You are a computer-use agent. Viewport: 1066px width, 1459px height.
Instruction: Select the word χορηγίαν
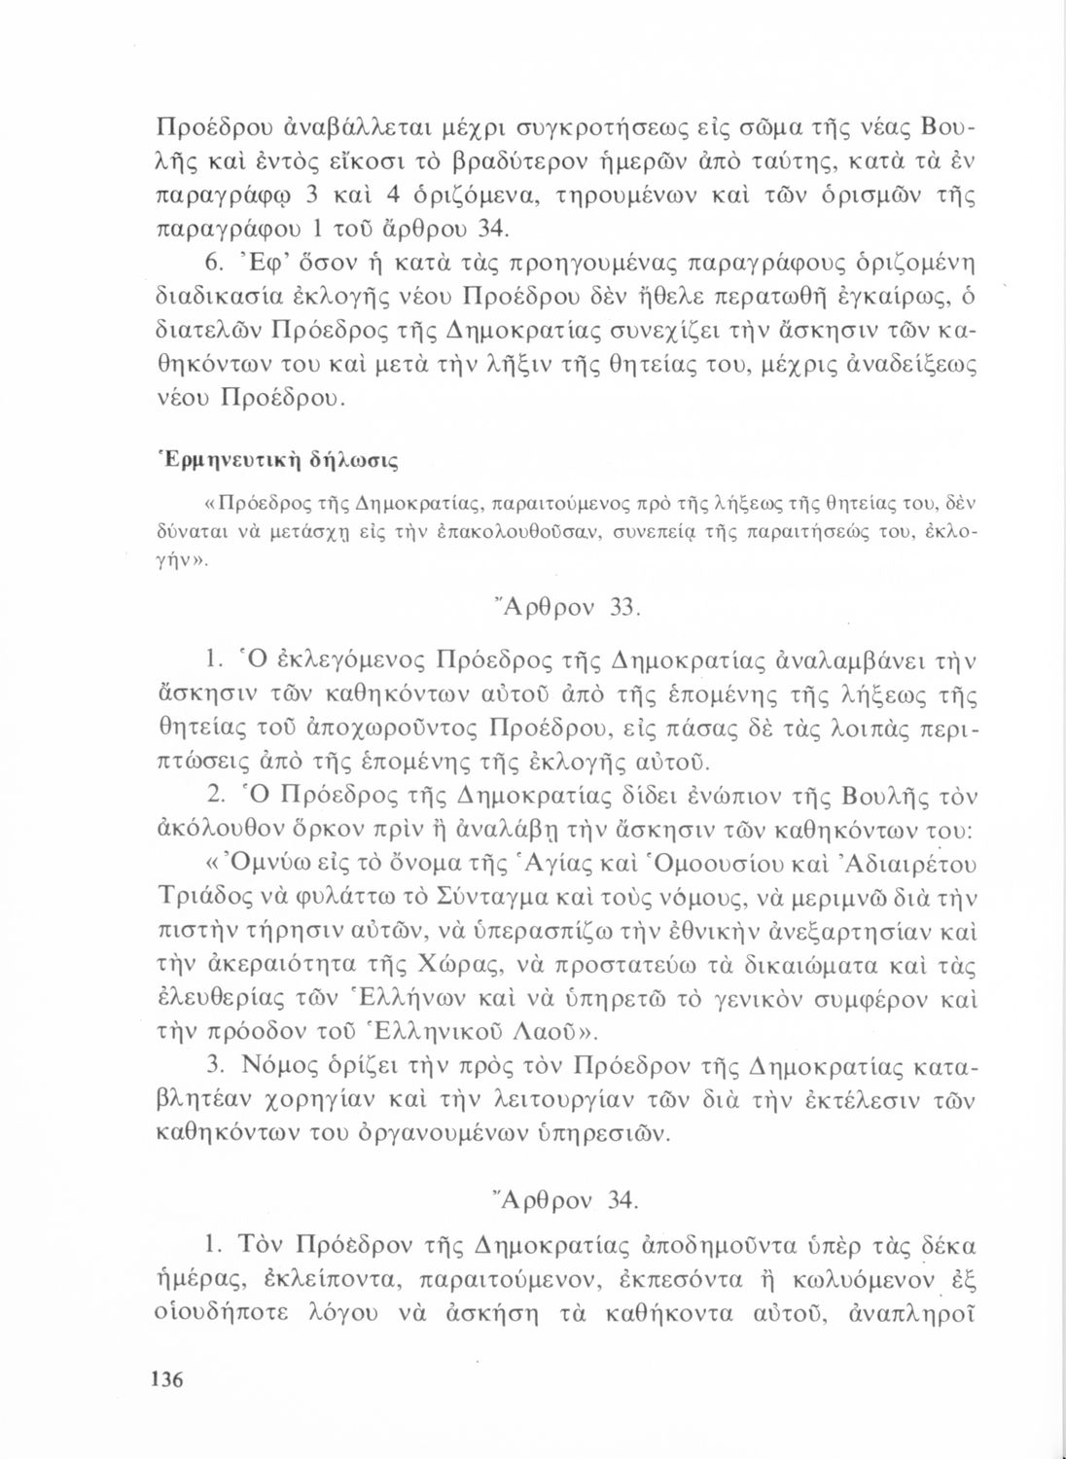(318, 1102)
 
